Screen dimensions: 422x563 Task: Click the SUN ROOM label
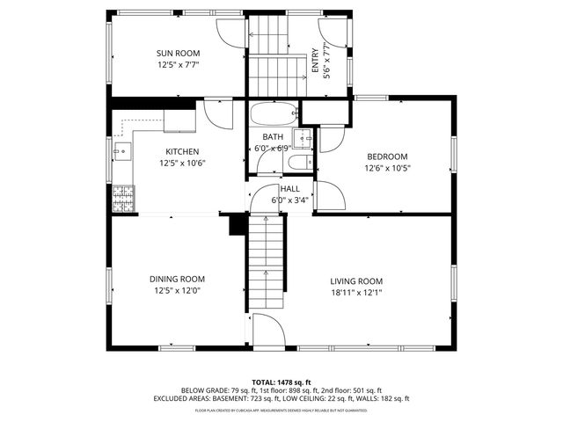click(179, 54)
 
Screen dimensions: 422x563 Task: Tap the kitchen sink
click(122, 152)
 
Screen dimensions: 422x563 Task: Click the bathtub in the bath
click(273, 114)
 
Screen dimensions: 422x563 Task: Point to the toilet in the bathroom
click(298, 163)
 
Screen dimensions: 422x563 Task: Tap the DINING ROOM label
click(179, 280)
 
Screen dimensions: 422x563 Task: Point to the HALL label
click(289, 189)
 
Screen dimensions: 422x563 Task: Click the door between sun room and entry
click(230, 32)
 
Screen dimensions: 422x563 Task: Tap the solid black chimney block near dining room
click(236, 225)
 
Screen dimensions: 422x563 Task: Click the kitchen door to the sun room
click(216, 113)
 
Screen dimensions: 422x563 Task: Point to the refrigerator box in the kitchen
click(179, 120)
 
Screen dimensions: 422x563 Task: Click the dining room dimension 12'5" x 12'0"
click(179, 291)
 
